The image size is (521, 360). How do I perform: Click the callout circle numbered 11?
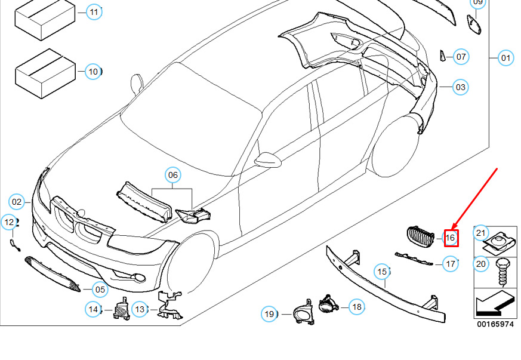[94, 13]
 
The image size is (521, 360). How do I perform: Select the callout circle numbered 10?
[93, 72]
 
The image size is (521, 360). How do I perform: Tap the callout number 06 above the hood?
[173, 175]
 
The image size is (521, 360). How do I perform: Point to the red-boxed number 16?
[451, 238]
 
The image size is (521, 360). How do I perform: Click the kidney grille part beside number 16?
[420, 237]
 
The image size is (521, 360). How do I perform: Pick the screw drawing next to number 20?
[502, 273]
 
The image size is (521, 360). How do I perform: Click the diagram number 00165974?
[495, 324]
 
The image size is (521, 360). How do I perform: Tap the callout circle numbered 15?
[382, 272]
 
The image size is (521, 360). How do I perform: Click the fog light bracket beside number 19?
[303, 312]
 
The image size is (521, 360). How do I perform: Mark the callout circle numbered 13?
[140, 309]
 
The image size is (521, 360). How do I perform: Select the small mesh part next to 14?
[122, 309]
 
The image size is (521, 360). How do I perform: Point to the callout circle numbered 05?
[100, 290]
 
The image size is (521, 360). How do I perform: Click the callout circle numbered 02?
[17, 202]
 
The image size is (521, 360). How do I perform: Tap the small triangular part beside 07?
[443, 56]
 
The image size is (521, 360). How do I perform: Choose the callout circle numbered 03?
[461, 87]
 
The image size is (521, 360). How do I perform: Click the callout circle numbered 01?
[505, 58]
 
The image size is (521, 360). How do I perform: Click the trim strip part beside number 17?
[414, 259]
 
